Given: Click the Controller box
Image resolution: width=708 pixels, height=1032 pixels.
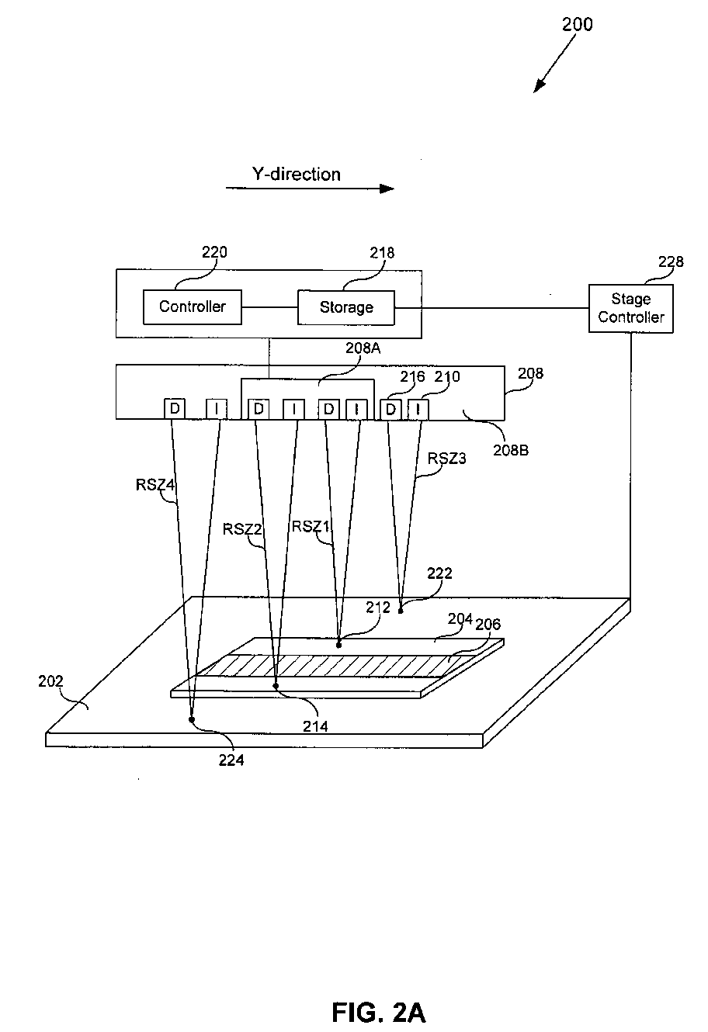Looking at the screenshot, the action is [x=193, y=306].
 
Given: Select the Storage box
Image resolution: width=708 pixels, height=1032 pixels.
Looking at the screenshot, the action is [x=346, y=307].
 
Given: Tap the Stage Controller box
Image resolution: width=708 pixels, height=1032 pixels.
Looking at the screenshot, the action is [x=630, y=308].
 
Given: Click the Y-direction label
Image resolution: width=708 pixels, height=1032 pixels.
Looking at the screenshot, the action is [x=296, y=174].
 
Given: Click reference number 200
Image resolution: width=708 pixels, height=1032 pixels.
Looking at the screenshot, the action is [x=577, y=24].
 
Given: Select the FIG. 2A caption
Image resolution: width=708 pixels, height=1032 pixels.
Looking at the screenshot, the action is [x=378, y=1012].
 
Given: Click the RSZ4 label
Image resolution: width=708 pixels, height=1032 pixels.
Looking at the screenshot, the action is [x=155, y=485].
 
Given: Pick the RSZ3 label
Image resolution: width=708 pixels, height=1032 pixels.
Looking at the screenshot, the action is [x=446, y=459].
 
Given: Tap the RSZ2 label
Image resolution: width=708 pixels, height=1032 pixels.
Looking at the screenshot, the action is [x=242, y=529].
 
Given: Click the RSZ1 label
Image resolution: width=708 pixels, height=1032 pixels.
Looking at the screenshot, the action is [x=311, y=526].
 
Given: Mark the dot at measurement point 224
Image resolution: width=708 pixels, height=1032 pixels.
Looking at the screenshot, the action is [x=192, y=719].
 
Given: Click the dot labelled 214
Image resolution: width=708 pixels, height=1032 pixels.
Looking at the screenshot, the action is [x=276, y=686].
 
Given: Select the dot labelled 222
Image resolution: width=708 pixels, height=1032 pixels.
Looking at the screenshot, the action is [x=401, y=611].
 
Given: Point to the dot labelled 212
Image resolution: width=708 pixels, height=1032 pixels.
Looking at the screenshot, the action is [x=338, y=645].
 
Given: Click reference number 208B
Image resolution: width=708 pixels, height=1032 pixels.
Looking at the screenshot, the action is [x=511, y=450].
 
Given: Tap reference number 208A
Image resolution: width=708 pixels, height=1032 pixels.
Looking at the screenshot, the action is [x=363, y=348].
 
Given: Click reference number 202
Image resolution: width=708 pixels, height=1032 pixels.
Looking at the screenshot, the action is [x=50, y=681].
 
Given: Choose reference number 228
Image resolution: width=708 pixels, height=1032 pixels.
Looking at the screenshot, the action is [x=671, y=261].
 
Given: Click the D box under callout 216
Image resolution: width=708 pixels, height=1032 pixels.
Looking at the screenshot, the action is [x=390, y=410].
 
